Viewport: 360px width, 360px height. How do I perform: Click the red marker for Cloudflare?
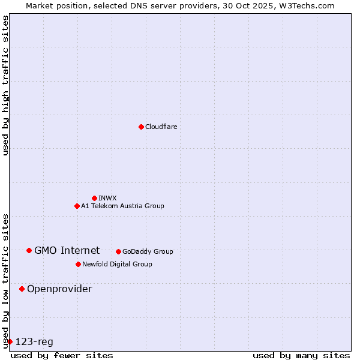(x=141, y=127)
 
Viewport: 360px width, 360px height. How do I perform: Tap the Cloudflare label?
(x=161, y=127)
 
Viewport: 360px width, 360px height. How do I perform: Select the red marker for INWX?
(x=94, y=198)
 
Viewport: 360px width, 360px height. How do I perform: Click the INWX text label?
(x=107, y=198)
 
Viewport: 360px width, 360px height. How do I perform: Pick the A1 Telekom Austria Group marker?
(x=77, y=206)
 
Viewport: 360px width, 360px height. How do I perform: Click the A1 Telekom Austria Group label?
(x=122, y=206)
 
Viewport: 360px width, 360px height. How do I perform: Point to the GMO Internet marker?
(x=29, y=250)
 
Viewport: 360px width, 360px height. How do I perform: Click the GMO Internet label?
(x=67, y=250)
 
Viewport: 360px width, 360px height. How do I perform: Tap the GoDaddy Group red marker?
(x=118, y=251)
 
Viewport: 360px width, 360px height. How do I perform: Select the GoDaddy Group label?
(x=148, y=251)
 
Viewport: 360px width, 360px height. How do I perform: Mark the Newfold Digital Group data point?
(x=78, y=264)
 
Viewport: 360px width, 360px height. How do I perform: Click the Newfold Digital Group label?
(x=117, y=264)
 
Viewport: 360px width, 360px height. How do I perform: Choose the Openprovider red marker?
(x=22, y=289)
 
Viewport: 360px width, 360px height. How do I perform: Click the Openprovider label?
(x=59, y=289)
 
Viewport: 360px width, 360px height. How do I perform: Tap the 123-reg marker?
(x=10, y=341)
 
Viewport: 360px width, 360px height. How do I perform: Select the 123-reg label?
(x=34, y=341)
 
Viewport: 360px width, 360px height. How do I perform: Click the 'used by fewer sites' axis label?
(x=62, y=355)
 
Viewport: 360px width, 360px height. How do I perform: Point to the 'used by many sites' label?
(x=301, y=355)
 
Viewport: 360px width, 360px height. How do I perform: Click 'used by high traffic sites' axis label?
(x=5, y=85)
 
